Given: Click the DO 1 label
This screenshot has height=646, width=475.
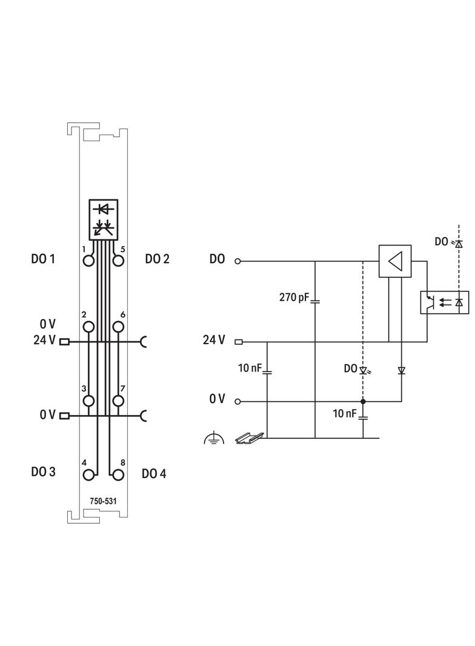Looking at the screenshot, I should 43,259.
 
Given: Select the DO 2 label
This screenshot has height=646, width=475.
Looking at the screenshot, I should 157,259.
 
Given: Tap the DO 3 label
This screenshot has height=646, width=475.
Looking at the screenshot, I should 43,471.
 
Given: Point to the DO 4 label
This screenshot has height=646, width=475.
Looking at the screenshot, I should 154,473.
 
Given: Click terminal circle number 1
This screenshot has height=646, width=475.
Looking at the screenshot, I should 89,261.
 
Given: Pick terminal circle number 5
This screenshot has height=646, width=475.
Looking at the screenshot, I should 118,261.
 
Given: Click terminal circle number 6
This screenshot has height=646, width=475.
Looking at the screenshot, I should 118,327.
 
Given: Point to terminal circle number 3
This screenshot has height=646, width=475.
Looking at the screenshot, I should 89,401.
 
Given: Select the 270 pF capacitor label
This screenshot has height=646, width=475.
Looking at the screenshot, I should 293,298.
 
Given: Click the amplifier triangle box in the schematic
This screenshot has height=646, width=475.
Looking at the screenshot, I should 395,261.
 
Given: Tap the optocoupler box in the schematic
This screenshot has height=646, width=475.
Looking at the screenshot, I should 444,302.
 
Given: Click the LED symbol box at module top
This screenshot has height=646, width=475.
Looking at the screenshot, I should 104,219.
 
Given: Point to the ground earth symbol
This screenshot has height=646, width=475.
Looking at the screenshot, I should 214,438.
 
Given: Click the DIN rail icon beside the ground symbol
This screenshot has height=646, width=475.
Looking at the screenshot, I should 249,436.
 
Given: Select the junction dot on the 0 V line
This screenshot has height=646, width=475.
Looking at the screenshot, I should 363,401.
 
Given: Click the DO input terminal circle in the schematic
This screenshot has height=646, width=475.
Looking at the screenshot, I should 237,261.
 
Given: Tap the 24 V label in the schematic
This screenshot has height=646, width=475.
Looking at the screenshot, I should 214,341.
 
